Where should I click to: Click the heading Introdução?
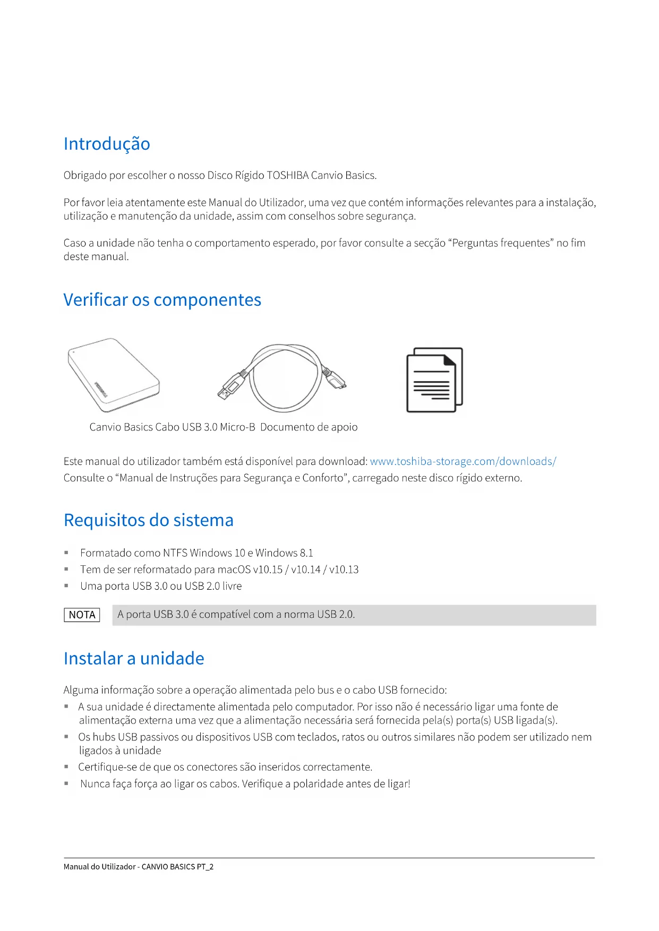pyautogui.click(x=107, y=144)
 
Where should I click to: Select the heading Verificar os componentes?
pyautogui.click(x=162, y=300)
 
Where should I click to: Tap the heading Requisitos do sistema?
pyautogui.click(x=148, y=520)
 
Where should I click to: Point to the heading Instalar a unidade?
pyautogui.click(x=133, y=658)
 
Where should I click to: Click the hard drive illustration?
pyautogui.click(x=114, y=375)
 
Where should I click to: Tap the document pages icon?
pyautogui.click(x=434, y=380)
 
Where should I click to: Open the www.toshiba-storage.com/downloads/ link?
pyautogui.click(x=463, y=461)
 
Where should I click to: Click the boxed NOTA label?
pyautogui.click(x=82, y=615)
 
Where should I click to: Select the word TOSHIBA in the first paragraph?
pyautogui.click(x=287, y=176)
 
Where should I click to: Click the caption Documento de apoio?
pyautogui.click(x=309, y=427)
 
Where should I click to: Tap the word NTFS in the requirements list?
pyautogui.click(x=175, y=553)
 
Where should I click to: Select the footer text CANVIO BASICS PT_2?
pyautogui.click(x=177, y=867)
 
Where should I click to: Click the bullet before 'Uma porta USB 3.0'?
pyautogui.click(x=66, y=586)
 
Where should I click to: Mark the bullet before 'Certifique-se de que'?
pyautogui.click(x=66, y=767)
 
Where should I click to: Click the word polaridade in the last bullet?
pyautogui.click(x=318, y=784)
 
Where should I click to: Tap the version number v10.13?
pyautogui.click(x=344, y=570)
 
